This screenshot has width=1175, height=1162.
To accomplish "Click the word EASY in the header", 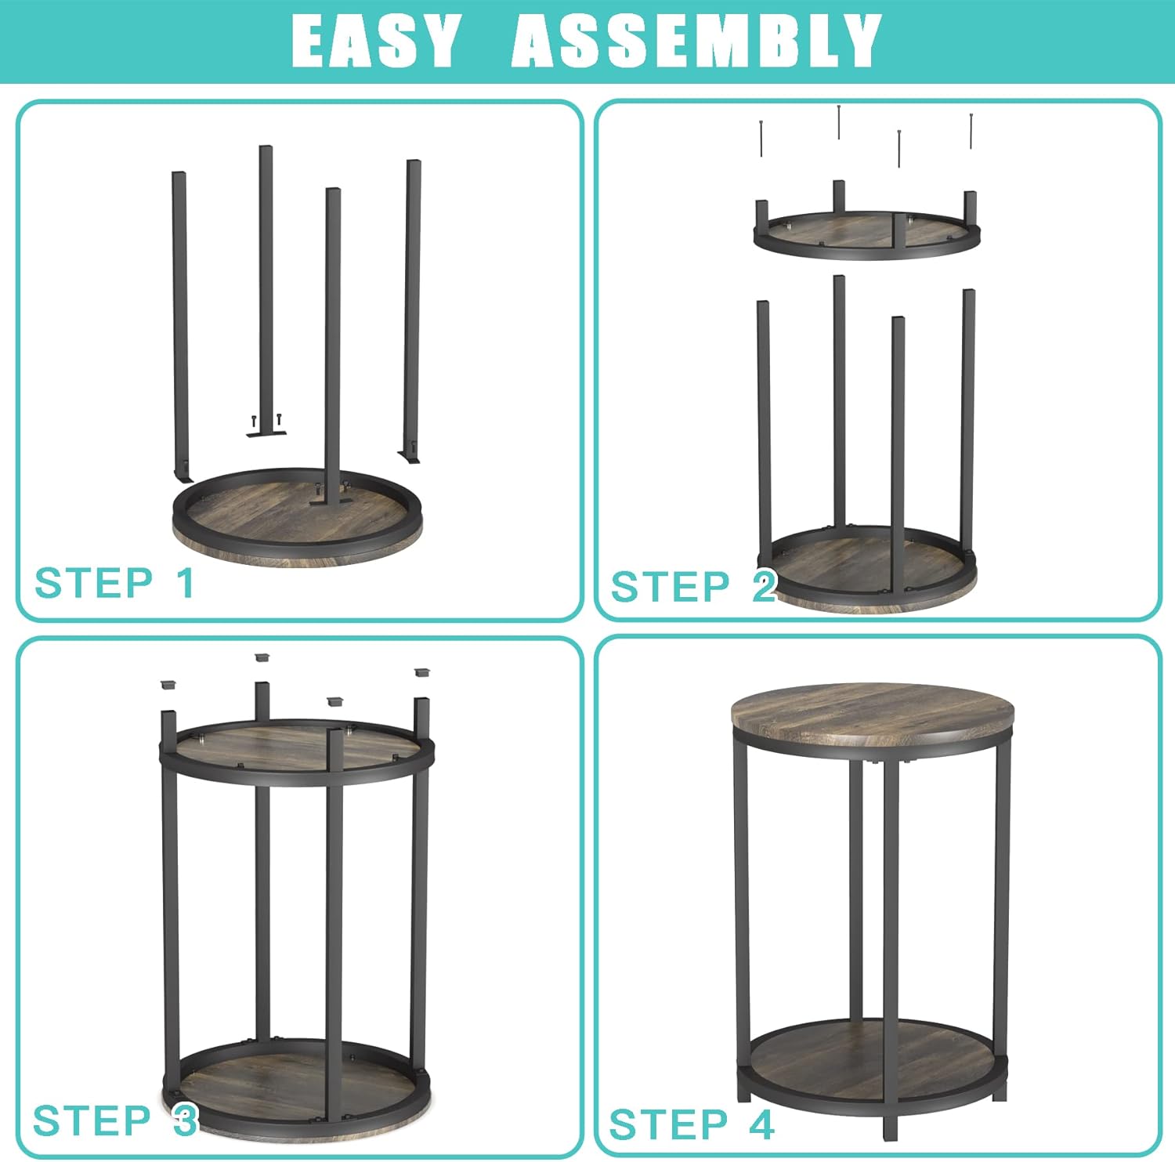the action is coord(375,40).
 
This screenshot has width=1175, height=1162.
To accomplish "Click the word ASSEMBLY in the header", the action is coord(696,40).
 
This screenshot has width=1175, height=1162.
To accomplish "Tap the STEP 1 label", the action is coord(114,583).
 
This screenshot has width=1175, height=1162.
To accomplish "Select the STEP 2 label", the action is coord(692,586).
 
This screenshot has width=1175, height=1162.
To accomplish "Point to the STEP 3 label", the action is coord(114,1120).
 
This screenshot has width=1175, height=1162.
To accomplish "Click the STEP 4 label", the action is coord(692,1124).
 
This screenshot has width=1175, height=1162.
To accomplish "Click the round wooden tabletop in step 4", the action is coord(872,714).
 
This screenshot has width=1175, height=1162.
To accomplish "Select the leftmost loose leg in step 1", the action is coord(180,325).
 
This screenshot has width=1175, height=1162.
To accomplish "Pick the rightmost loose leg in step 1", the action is coord(411,310).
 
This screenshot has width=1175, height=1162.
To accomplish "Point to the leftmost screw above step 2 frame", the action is coord(761,139).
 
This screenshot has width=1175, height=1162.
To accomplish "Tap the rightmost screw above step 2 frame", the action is coord(971,131).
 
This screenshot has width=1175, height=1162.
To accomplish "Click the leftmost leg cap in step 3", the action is coord(168,684).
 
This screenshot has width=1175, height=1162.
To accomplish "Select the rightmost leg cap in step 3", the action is coord(423,673).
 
